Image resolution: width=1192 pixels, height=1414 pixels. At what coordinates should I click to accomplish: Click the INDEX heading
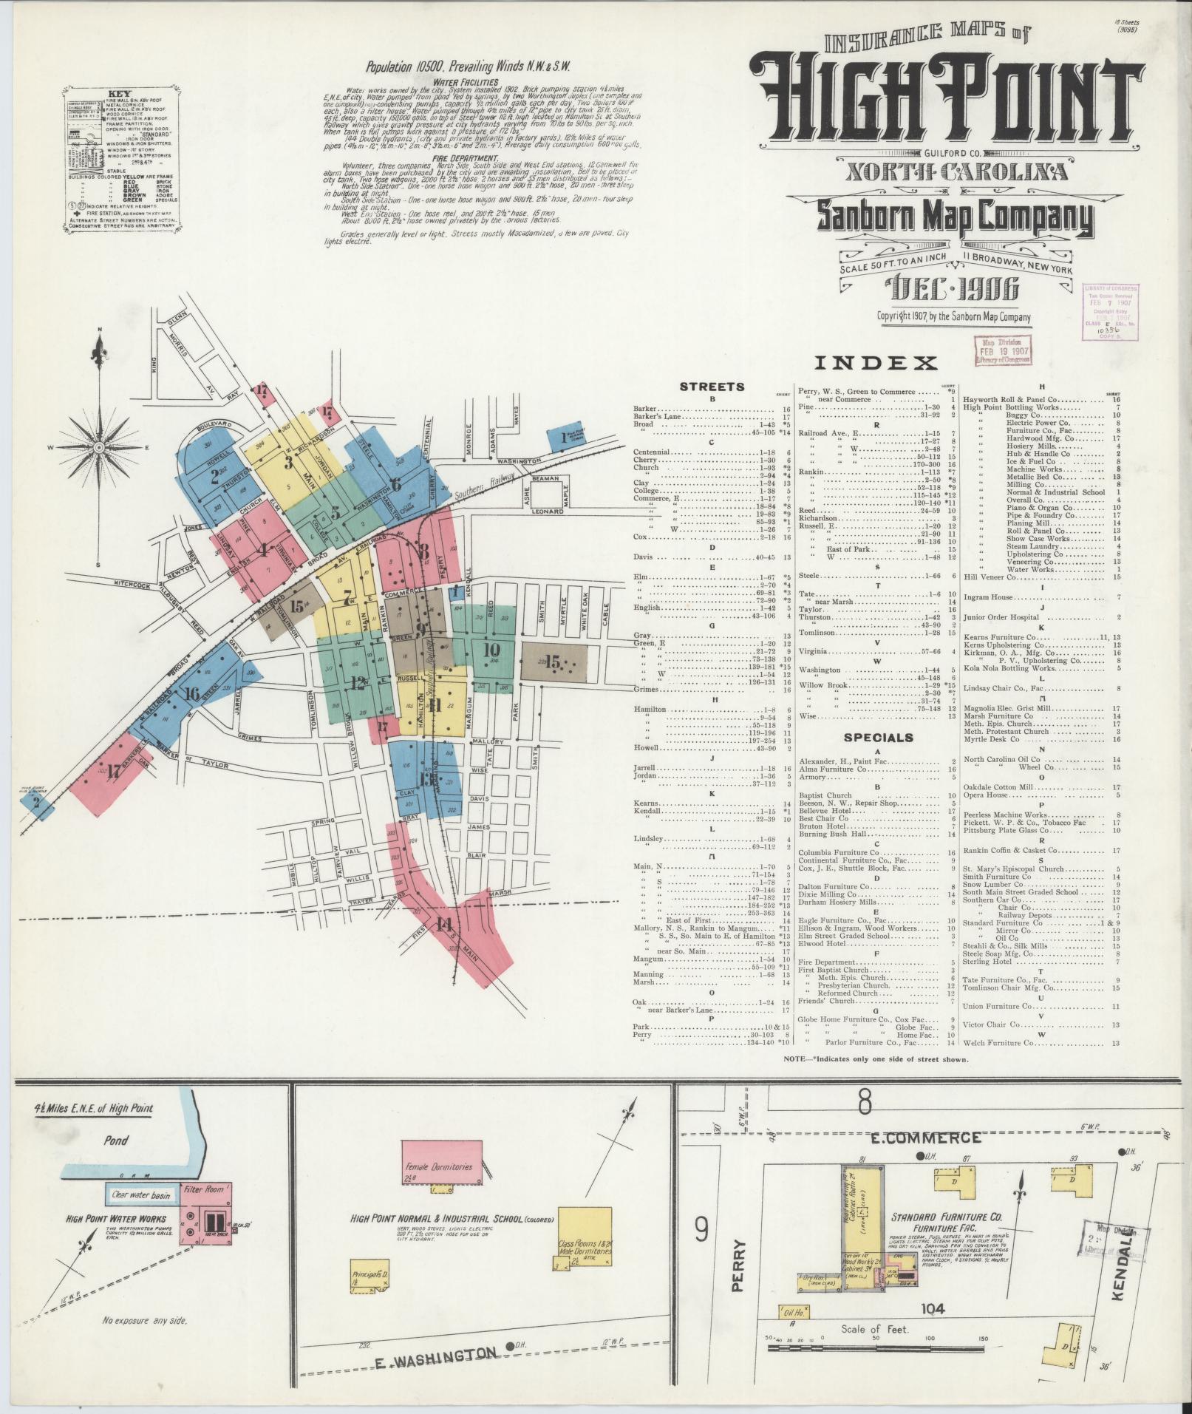(x=876, y=362)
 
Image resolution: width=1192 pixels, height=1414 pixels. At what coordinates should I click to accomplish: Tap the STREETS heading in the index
(x=712, y=386)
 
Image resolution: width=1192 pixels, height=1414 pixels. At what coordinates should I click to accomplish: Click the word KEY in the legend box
(x=120, y=95)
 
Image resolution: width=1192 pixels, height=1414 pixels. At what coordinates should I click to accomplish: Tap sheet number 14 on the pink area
(x=443, y=924)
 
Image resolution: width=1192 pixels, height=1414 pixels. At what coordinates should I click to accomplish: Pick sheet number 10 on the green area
(x=491, y=650)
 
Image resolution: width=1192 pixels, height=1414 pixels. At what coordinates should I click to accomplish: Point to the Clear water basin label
(x=140, y=1194)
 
